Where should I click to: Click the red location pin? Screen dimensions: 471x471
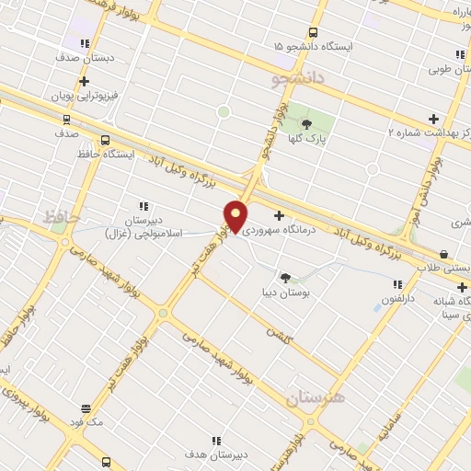[235, 216]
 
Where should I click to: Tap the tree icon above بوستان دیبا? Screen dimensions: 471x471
[285, 277]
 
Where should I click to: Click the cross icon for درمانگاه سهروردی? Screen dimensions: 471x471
[279, 215]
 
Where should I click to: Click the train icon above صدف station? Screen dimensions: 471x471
[66, 119]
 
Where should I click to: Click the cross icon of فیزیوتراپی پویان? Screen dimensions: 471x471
[85, 80]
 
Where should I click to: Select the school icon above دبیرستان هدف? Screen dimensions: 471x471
[216, 441]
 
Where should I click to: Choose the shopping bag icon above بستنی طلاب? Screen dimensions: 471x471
[444, 254]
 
